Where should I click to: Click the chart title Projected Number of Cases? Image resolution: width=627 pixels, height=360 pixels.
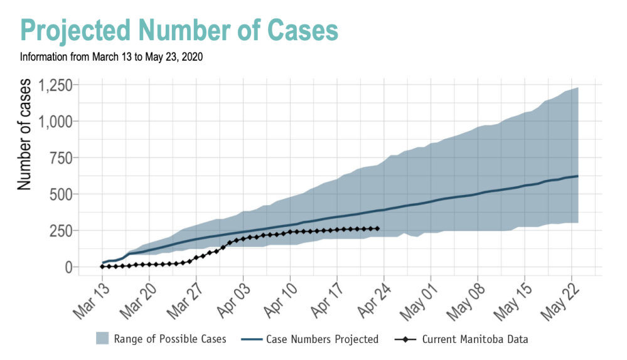[x=179, y=30]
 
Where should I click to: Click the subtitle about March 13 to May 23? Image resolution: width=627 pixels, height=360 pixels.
[x=111, y=57]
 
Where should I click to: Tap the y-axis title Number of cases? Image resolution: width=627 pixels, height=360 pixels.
[x=24, y=135]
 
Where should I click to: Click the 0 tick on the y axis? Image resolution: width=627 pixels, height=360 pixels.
[x=69, y=267]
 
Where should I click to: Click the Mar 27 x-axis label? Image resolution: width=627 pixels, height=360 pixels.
[x=188, y=299]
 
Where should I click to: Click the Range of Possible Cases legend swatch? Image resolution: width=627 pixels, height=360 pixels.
[x=102, y=339]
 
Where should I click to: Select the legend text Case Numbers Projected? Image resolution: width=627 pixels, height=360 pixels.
[x=322, y=339]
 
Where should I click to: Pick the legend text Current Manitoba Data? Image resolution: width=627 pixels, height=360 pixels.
[x=474, y=339]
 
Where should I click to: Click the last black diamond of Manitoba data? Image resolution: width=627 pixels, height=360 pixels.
[x=377, y=228]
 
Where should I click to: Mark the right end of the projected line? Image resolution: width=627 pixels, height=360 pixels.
[x=577, y=176]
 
